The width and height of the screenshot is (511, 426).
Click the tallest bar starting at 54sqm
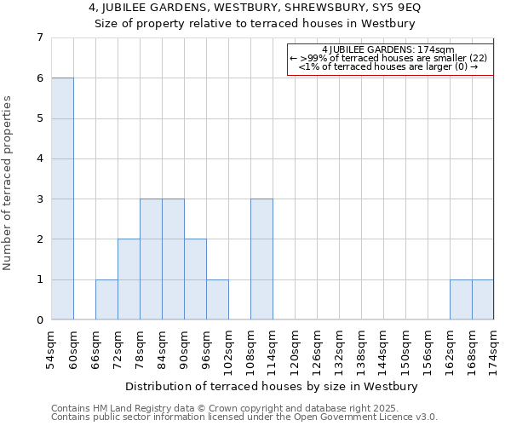pos(62,199)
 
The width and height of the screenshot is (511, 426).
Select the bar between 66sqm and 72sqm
pos(106,300)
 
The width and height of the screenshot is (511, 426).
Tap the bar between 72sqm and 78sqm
pos(129,279)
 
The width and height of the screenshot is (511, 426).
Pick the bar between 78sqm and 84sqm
pos(151,259)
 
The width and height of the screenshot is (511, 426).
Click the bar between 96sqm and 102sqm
pos(217,300)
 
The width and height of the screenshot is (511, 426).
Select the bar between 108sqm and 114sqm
pos(261,259)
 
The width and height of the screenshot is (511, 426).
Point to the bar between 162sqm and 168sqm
pos(461,300)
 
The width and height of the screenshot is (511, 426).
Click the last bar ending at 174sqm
pos(483,300)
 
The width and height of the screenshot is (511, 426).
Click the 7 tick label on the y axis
pos(39,37)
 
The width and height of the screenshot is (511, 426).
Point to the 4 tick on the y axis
pos(39,158)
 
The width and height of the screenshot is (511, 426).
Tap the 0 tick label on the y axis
pos(39,320)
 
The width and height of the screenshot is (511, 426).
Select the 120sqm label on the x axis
pos(295,348)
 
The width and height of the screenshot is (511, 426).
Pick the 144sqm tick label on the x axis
pos(383,348)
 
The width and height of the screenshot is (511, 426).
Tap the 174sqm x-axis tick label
pos(494,348)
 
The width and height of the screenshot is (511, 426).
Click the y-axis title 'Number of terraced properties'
pos(9,183)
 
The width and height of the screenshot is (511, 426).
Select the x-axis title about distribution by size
pos(273,387)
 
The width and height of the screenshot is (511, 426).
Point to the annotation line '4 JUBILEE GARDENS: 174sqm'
pos(388,49)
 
